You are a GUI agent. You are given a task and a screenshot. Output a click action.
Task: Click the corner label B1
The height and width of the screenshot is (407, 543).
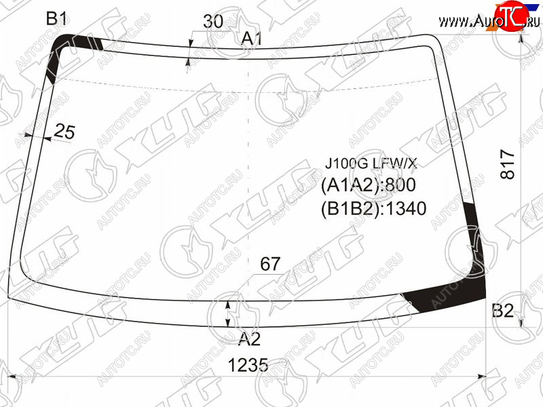point(57,18)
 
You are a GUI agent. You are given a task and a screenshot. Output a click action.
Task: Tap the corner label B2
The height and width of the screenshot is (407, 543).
point(503,311)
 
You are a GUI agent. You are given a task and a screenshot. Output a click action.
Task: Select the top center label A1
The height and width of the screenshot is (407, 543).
point(252,38)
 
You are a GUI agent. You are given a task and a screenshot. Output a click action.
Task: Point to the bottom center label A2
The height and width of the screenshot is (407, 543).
point(249,338)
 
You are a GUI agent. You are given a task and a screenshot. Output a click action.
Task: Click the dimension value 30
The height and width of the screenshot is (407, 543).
point(213,22)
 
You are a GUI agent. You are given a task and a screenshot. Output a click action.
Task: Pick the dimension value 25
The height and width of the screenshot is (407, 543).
point(64,132)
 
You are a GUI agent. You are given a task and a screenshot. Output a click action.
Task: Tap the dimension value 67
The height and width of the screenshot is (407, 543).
point(270,264)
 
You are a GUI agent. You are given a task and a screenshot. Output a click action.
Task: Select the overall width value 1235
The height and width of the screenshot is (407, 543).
point(248,365)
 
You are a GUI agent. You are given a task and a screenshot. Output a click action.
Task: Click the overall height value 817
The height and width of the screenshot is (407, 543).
point(508,163)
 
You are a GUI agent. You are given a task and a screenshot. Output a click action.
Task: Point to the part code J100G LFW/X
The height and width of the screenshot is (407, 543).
point(371,163)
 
